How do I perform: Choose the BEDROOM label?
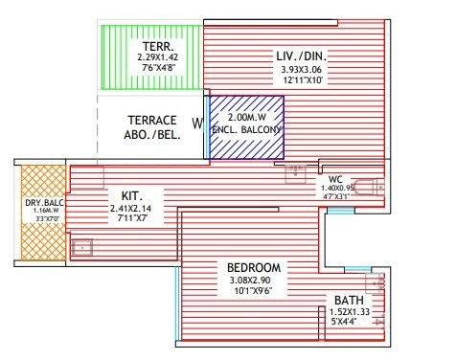(254, 267)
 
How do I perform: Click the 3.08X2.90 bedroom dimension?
(254, 281)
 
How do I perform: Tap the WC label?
(334, 178)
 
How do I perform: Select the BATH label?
(349, 300)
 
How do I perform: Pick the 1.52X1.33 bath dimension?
(349, 312)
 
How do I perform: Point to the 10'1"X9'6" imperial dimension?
(254, 291)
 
